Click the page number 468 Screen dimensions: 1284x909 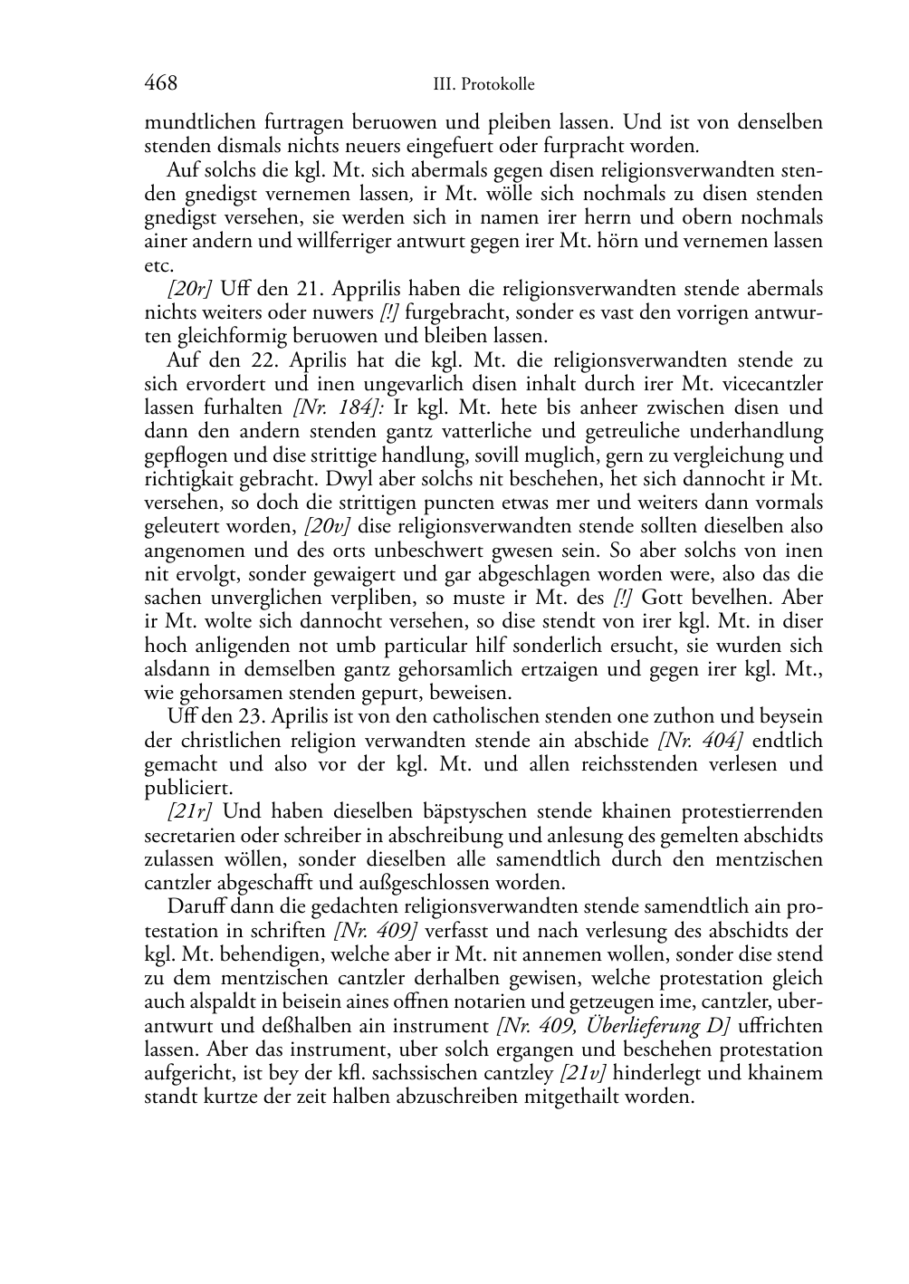pyautogui.click(x=160, y=83)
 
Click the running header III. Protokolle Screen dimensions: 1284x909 pyautogui.click(x=483, y=85)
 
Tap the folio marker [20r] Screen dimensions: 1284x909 pyautogui.click(x=189, y=290)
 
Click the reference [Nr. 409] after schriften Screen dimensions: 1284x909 pyautogui.click(x=376, y=931)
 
